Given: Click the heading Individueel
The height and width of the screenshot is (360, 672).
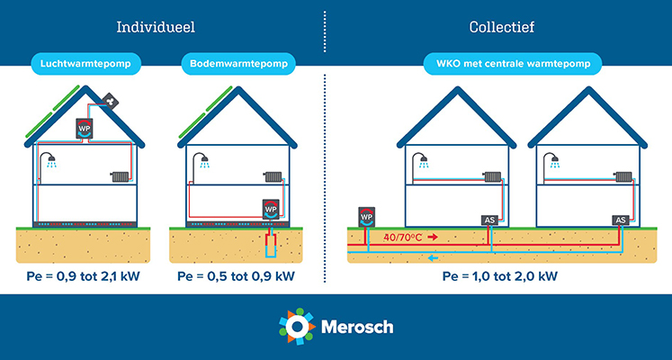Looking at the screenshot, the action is [x=156, y=27].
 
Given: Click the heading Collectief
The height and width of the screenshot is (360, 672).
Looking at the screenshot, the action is [x=502, y=27].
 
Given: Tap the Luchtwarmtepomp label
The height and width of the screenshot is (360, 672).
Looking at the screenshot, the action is [x=85, y=64].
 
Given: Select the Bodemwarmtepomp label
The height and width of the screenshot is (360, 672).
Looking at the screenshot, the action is [x=238, y=64].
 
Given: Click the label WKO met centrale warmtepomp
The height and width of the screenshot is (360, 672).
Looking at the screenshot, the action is [x=513, y=64].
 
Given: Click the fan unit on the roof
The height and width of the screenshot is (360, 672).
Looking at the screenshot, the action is [x=111, y=102].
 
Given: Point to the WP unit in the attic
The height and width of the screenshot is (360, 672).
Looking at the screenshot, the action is [x=85, y=128].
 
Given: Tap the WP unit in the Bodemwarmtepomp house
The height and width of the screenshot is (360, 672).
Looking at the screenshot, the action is [x=271, y=209].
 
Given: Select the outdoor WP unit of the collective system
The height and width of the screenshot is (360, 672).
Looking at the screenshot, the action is [x=366, y=217].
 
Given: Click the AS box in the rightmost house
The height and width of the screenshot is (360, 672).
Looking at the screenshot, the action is [x=620, y=220].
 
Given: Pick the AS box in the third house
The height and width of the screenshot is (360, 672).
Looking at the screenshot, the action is [x=489, y=220].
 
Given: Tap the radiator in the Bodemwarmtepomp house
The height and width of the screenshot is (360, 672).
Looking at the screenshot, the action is [x=273, y=176].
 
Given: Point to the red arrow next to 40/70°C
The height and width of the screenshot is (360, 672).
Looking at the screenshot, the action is [x=433, y=237].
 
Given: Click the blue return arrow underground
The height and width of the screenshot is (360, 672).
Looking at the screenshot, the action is [x=434, y=257].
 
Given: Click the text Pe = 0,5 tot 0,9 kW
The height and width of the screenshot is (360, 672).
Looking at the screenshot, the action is [x=236, y=276].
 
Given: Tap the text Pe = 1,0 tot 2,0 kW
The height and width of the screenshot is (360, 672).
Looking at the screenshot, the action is [x=499, y=276].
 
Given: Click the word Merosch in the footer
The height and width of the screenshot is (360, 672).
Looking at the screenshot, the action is [x=357, y=327].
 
